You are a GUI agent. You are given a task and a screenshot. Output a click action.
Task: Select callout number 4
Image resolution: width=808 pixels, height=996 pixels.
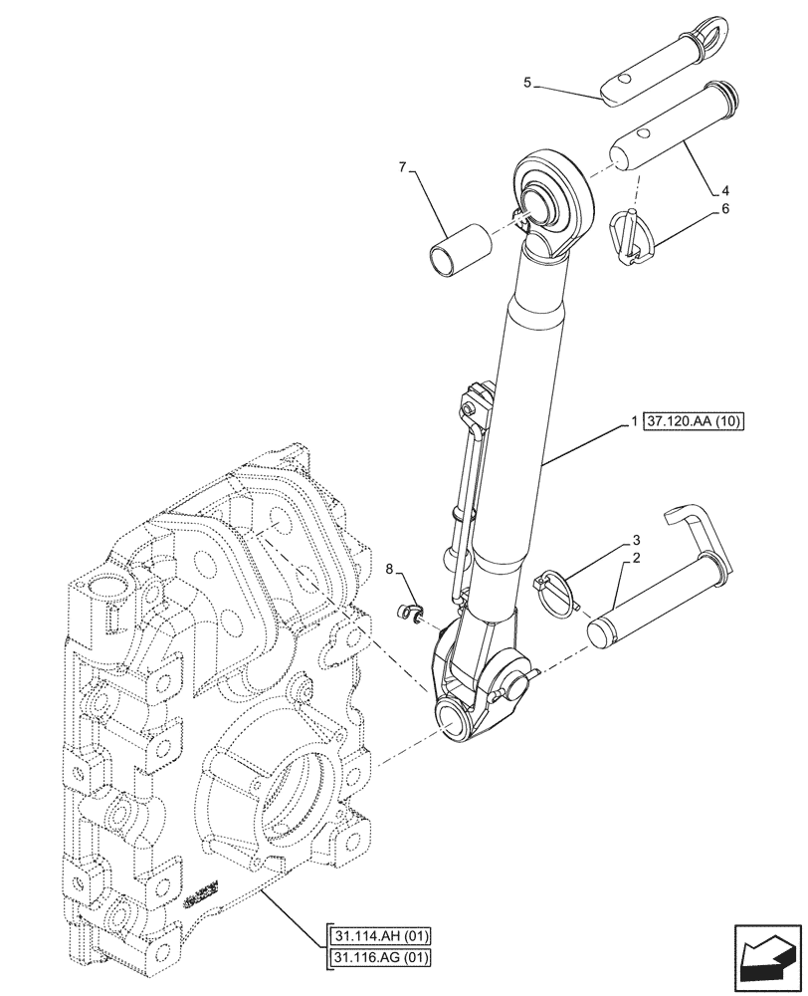726,187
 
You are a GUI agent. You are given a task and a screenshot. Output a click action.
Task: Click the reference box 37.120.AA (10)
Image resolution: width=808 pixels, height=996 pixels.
695,422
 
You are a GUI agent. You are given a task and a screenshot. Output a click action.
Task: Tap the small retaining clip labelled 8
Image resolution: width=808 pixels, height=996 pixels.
407,613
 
